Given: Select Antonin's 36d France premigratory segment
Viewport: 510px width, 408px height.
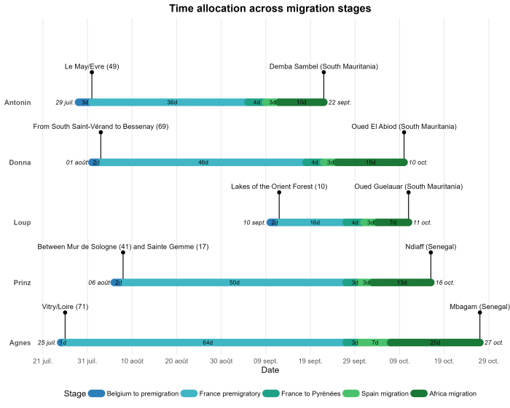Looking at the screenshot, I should (x=172, y=102).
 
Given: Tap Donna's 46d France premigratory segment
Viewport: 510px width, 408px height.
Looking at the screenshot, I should (x=203, y=162).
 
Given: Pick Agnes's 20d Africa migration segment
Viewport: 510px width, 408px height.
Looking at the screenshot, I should (x=435, y=342).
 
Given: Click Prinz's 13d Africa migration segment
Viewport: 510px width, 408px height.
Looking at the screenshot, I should (x=401, y=283).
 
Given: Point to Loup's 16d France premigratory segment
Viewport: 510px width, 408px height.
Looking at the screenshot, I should (x=315, y=222).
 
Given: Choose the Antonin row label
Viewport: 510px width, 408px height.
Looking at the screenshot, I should (x=17, y=103).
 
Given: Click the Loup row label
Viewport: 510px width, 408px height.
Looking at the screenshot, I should (x=22, y=223).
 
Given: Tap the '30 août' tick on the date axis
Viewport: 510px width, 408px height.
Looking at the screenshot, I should (x=221, y=361).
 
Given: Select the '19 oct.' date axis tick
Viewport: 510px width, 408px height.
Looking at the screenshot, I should (x=444, y=361).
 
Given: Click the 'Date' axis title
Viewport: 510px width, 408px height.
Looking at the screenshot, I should (x=270, y=371).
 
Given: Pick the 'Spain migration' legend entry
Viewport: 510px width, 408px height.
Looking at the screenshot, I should (x=372, y=393).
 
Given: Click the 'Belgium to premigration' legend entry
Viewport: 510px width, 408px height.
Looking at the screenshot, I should (x=138, y=393).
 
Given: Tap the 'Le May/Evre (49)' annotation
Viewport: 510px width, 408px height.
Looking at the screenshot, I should (x=92, y=66).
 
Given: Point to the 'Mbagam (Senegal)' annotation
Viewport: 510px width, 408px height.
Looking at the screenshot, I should (x=479, y=306).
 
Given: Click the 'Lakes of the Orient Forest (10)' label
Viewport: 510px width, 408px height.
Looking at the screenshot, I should (x=279, y=187).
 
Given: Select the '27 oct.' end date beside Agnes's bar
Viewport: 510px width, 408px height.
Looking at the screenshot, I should (x=494, y=342).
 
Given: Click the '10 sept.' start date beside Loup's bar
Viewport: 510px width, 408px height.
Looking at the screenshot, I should (x=254, y=223).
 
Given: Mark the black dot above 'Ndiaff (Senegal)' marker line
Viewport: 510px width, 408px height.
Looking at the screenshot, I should (x=431, y=253).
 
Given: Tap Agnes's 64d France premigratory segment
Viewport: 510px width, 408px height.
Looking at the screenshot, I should (x=208, y=342).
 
